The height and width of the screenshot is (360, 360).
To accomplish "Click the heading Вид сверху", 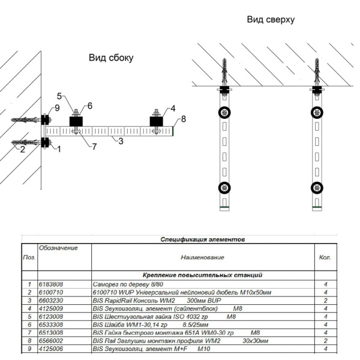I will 271,20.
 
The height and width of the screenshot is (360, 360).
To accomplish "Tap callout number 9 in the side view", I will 58,107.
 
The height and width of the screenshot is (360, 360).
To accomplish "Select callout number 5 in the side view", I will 60,96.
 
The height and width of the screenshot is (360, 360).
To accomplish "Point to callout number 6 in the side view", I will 89,106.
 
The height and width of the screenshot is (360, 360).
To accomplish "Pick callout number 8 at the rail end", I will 184,118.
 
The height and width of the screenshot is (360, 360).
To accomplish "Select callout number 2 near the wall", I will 23,149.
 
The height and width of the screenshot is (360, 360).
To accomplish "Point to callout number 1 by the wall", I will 59,149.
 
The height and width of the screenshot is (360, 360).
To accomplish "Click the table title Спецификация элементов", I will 203,239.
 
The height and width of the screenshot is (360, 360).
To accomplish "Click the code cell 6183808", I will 51,284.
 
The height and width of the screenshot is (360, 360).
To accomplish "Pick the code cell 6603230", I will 51,300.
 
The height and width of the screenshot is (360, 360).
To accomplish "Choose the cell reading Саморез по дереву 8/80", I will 127,284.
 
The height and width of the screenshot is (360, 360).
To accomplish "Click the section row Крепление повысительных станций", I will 202,275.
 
